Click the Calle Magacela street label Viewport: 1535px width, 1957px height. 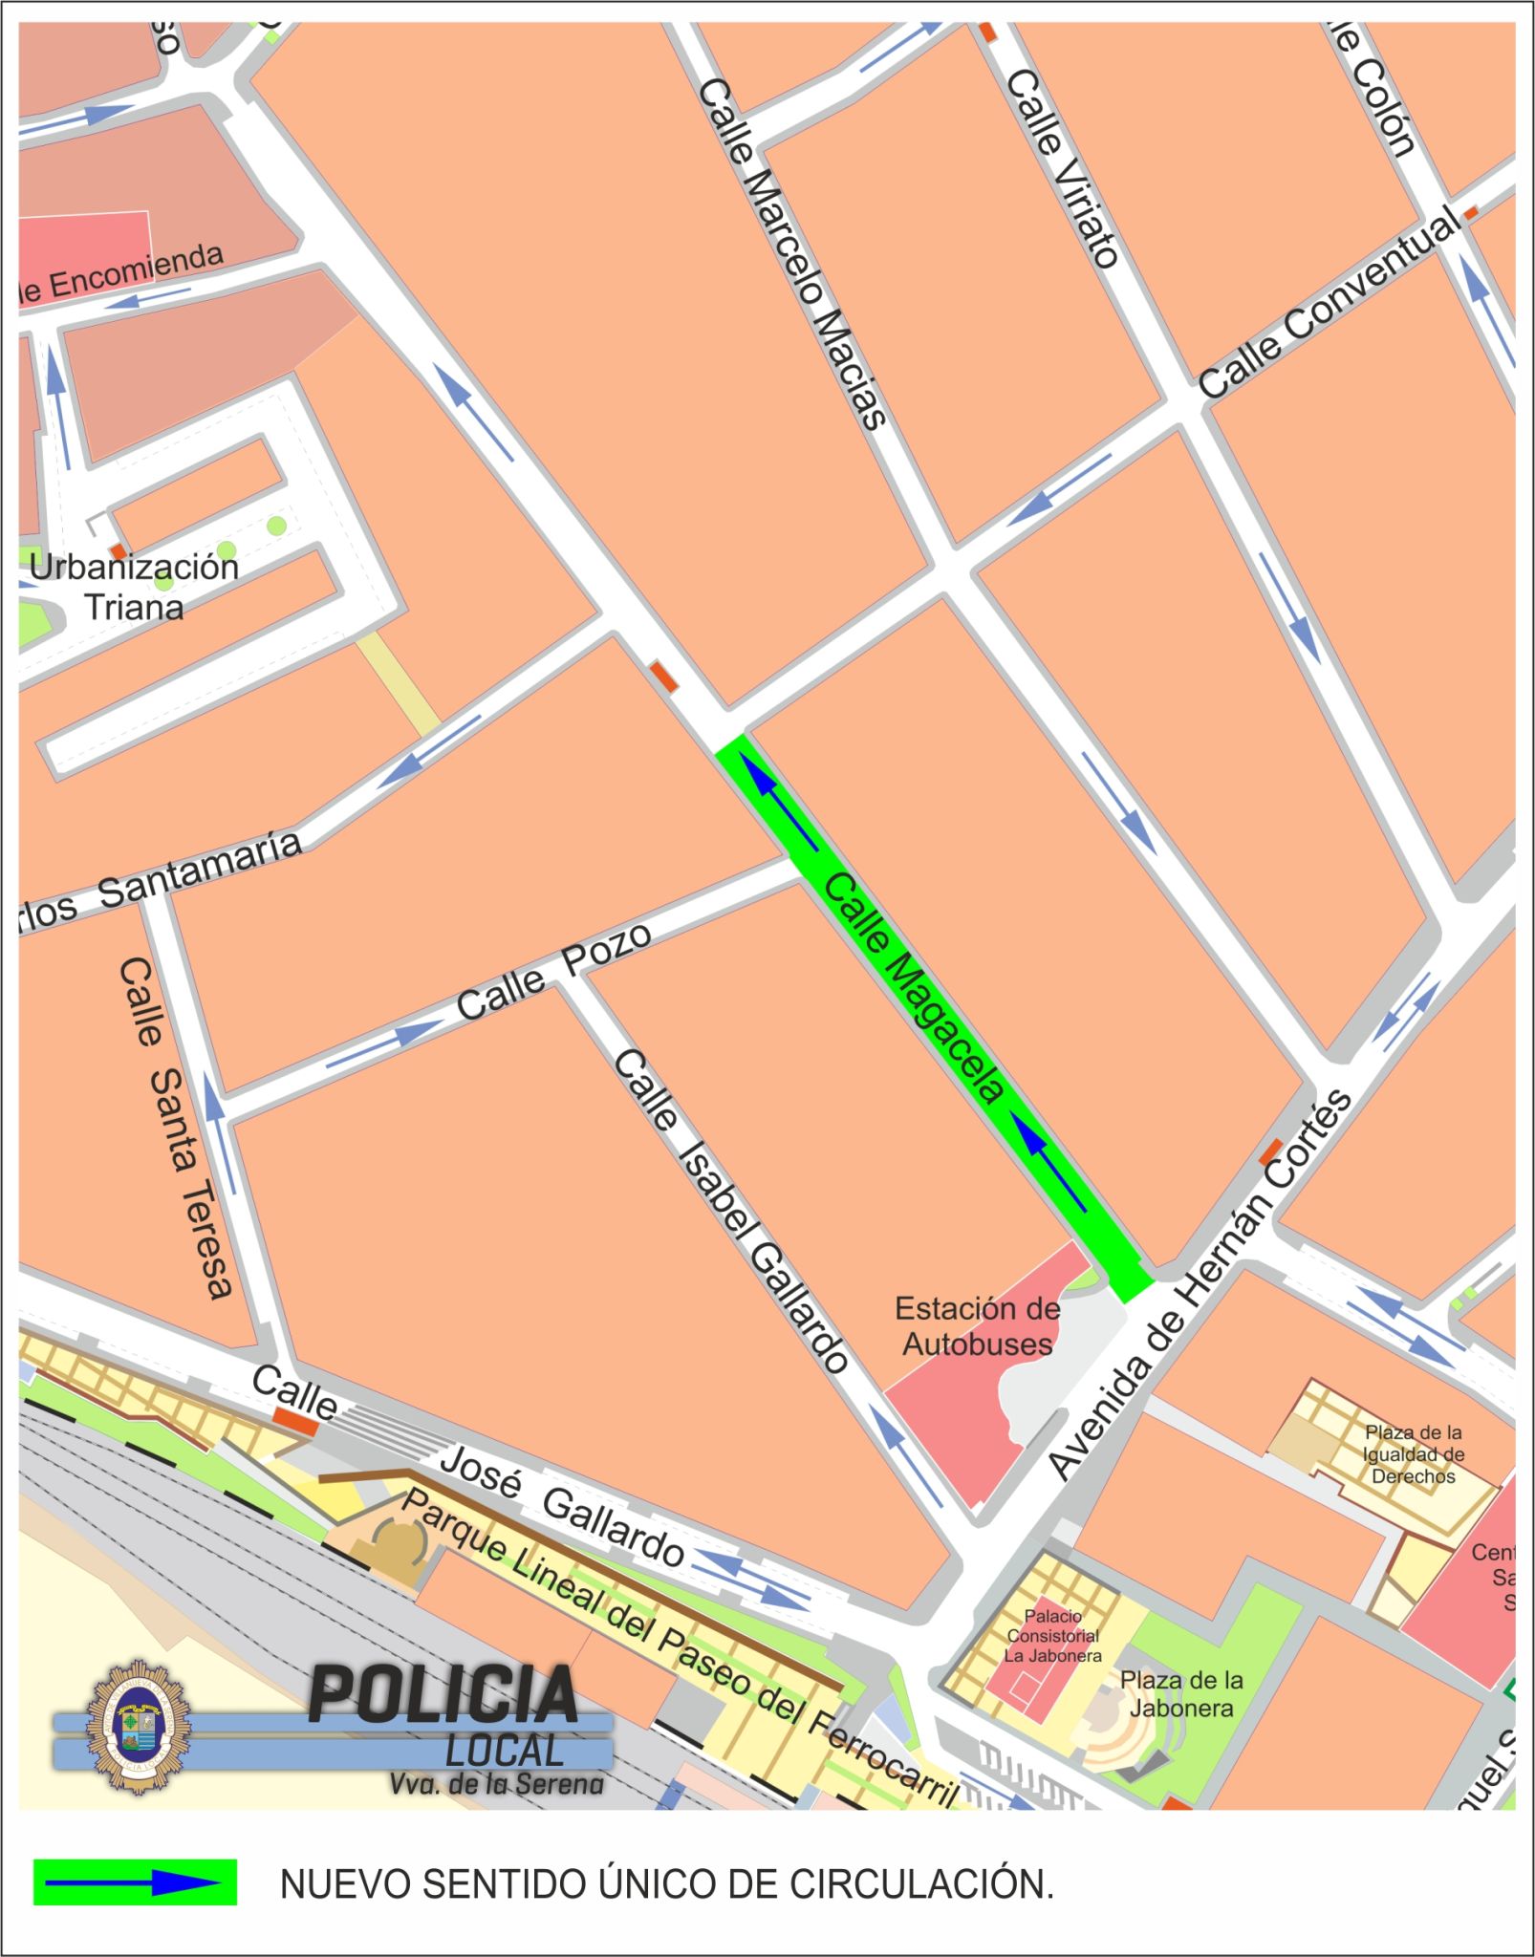pyautogui.click(x=913, y=988)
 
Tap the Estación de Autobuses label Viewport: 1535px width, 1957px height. pyautogui.click(x=977, y=1326)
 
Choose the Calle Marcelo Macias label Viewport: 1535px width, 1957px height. pyautogui.click(x=792, y=253)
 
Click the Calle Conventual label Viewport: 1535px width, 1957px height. pyautogui.click(x=1329, y=304)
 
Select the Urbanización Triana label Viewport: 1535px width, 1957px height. pyautogui.click(x=134, y=587)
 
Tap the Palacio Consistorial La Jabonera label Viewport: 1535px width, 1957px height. pyautogui.click(x=1052, y=1636)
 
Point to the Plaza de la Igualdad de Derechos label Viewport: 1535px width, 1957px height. pyautogui.click(x=1413, y=1454)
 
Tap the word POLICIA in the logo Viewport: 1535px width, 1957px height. pyautogui.click(x=443, y=1695)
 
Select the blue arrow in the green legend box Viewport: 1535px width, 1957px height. pyautogui.click(x=135, y=1883)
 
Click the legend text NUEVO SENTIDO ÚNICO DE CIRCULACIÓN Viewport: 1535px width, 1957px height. pyautogui.click(x=666, y=1884)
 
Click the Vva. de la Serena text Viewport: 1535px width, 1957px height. pyautogui.click(x=496, y=1783)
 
